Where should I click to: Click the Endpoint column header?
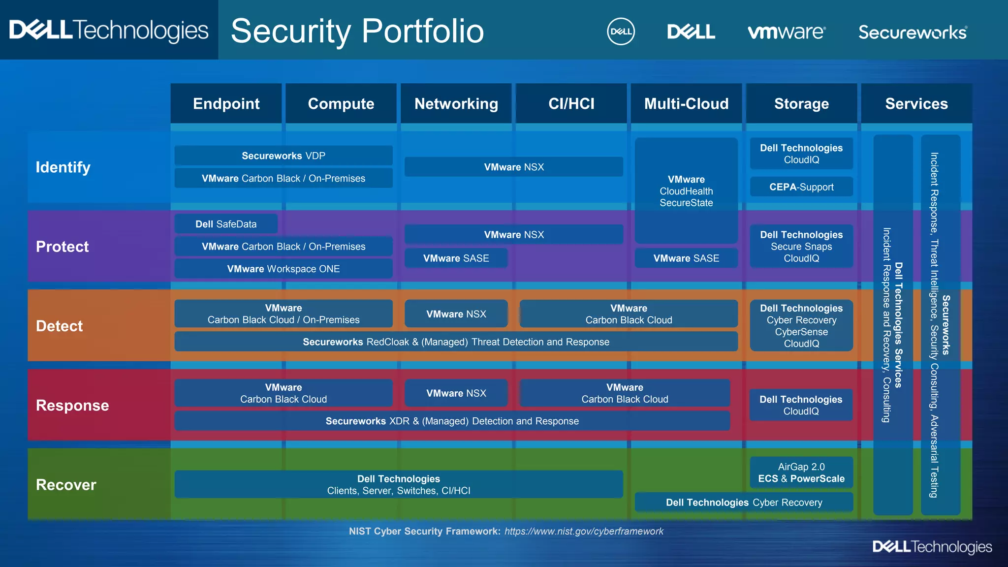pos(226,103)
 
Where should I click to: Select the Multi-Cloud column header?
pos(686,103)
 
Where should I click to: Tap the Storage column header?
pos(801,103)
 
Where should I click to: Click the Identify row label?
pos(63,167)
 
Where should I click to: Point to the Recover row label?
pos(66,485)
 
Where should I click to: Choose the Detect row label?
pos(60,326)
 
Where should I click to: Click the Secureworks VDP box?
pos(283,156)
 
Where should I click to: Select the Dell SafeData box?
pos(226,224)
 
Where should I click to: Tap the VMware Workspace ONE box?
pos(283,269)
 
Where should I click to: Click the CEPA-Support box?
pos(801,187)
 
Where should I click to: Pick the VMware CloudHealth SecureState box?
pos(686,190)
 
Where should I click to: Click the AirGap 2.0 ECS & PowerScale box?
pos(801,472)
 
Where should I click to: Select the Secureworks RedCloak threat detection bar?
pos(456,342)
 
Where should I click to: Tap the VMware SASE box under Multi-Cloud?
pos(686,258)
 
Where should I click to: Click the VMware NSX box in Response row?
pos(456,393)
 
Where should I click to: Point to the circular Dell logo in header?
pos(621,31)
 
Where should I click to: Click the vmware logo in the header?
pos(786,32)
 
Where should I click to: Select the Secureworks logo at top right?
pos(913,32)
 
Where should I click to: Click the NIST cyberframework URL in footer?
pos(584,531)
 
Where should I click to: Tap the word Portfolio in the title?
pos(423,31)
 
